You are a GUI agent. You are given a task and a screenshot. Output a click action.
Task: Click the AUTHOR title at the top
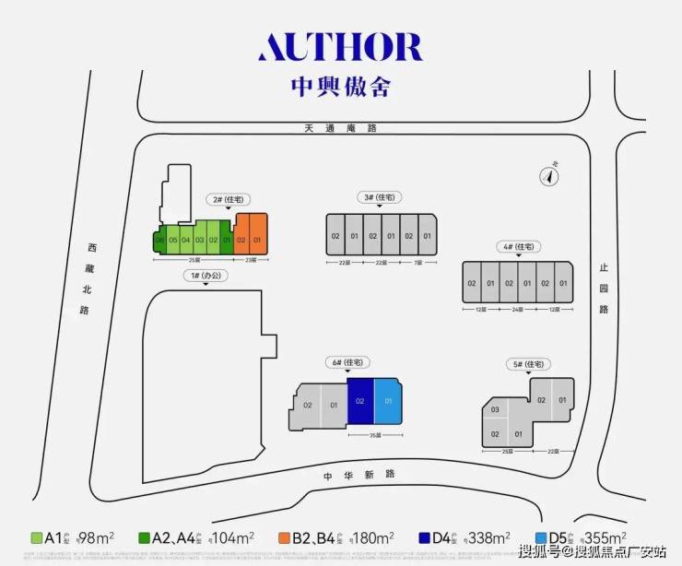(x=340, y=47)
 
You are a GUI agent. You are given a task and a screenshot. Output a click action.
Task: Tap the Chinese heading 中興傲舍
(x=340, y=87)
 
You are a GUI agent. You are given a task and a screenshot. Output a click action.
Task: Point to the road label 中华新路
(x=359, y=474)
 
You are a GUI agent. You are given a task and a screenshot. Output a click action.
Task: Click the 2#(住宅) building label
(x=228, y=199)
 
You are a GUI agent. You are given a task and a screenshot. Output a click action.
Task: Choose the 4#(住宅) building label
(x=517, y=247)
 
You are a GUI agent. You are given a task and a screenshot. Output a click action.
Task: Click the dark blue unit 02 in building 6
(x=360, y=402)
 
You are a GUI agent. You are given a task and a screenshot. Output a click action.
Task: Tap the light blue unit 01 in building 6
(x=388, y=402)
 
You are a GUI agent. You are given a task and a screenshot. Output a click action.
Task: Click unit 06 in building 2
(x=159, y=241)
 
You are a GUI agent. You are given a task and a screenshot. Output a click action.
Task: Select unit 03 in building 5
(x=495, y=409)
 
